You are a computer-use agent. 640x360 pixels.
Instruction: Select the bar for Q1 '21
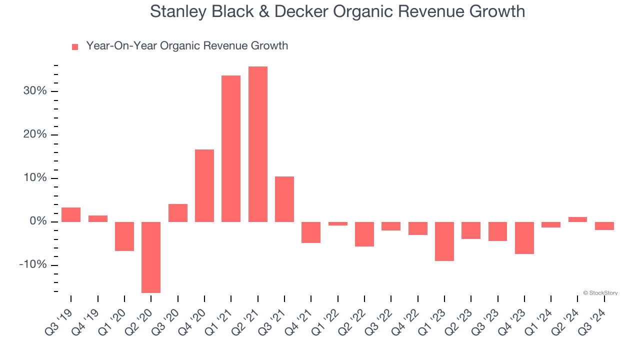click(231, 148)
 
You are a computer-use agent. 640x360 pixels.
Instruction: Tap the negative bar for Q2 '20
click(151, 257)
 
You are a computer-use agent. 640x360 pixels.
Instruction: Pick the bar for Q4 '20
click(204, 185)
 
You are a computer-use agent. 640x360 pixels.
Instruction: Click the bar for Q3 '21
click(284, 199)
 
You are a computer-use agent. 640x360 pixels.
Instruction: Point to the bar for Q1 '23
click(444, 241)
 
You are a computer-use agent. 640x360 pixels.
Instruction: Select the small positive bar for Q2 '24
click(577, 219)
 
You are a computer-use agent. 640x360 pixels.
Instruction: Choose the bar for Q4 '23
click(524, 237)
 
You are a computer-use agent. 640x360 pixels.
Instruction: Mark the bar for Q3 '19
click(71, 214)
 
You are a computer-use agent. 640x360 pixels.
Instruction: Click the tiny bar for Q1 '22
click(338, 223)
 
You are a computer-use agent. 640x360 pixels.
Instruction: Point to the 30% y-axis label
click(35, 91)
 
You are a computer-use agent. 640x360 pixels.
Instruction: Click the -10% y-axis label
click(33, 265)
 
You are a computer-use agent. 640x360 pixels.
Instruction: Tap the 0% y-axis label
click(38, 221)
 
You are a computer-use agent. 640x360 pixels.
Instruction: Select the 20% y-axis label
click(35, 134)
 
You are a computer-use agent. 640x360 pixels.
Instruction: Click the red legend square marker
click(75, 46)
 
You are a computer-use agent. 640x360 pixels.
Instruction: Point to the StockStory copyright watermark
click(600, 293)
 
